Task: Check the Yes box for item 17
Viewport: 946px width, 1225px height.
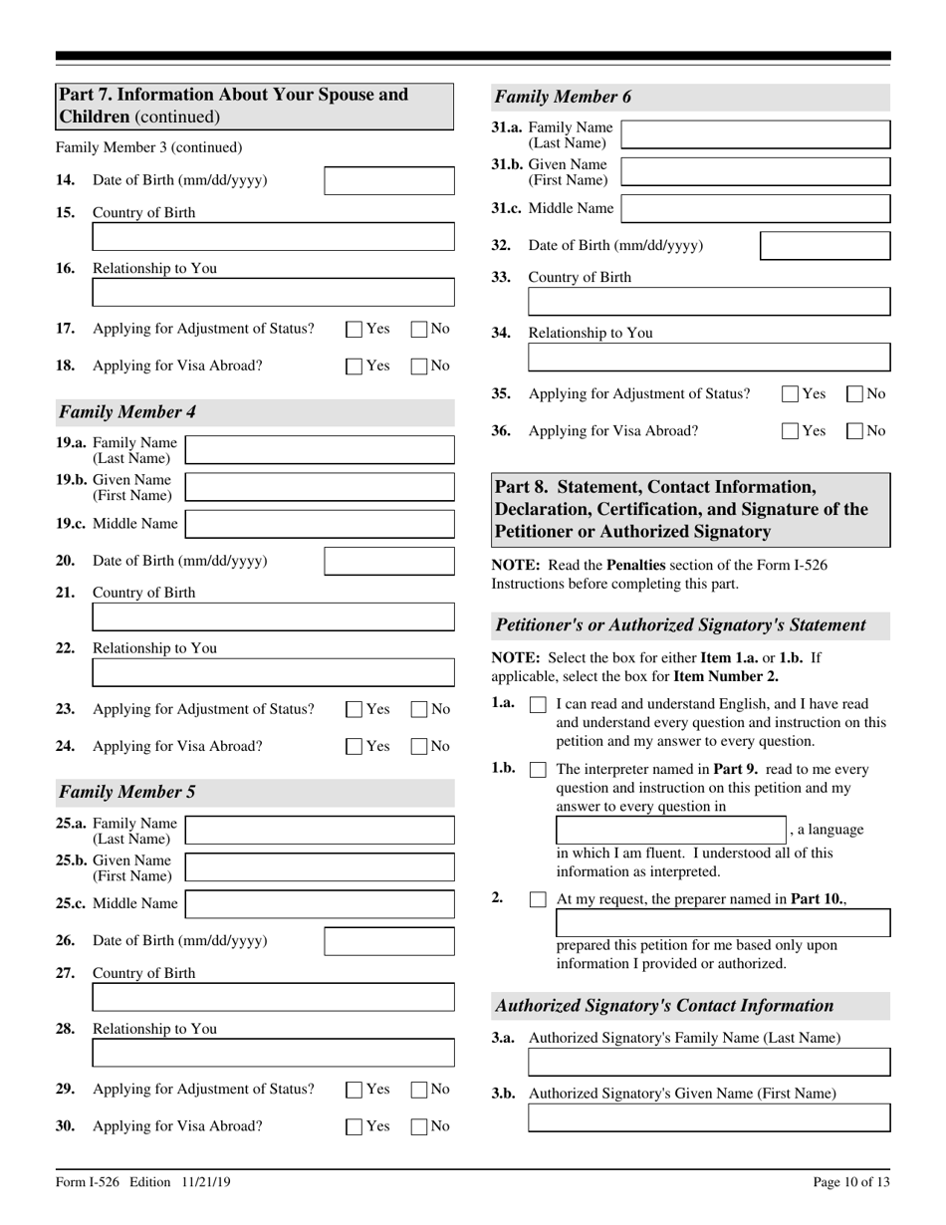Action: click(x=355, y=330)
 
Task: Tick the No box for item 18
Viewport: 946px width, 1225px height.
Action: click(x=420, y=366)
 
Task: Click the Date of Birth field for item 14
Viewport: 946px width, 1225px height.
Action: click(x=389, y=180)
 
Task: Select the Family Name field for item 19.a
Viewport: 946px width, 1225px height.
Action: click(x=320, y=450)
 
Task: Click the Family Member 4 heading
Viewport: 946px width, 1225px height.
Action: click(x=126, y=411)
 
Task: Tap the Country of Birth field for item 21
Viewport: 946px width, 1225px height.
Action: click(x=273, y=617)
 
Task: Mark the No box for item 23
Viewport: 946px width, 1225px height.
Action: click(x=420, y=710)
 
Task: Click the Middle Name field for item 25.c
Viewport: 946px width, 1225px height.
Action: click(x=320, y=903)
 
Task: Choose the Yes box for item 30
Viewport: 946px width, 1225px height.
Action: click(x=355, y=1126)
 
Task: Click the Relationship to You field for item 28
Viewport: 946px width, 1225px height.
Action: click(x=273, y=1054)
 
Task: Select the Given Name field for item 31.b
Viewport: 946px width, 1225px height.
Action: click(x=756, y=172)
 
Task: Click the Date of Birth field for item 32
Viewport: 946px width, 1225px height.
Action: click(x=825, y=246)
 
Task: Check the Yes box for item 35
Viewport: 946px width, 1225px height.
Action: click(x=791, y=394)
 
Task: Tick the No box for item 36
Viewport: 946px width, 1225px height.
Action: click(x=855, y=432)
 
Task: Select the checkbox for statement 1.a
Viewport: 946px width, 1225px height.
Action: click(x=538, y=705)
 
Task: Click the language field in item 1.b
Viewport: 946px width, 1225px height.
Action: click(x=670, y=830)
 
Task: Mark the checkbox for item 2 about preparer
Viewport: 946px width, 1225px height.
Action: click(x=538, y=899)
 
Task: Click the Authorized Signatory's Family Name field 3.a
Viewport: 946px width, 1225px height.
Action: click(x=709, y=1063)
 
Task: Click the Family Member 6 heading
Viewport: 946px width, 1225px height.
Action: click(x=564, y=97)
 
